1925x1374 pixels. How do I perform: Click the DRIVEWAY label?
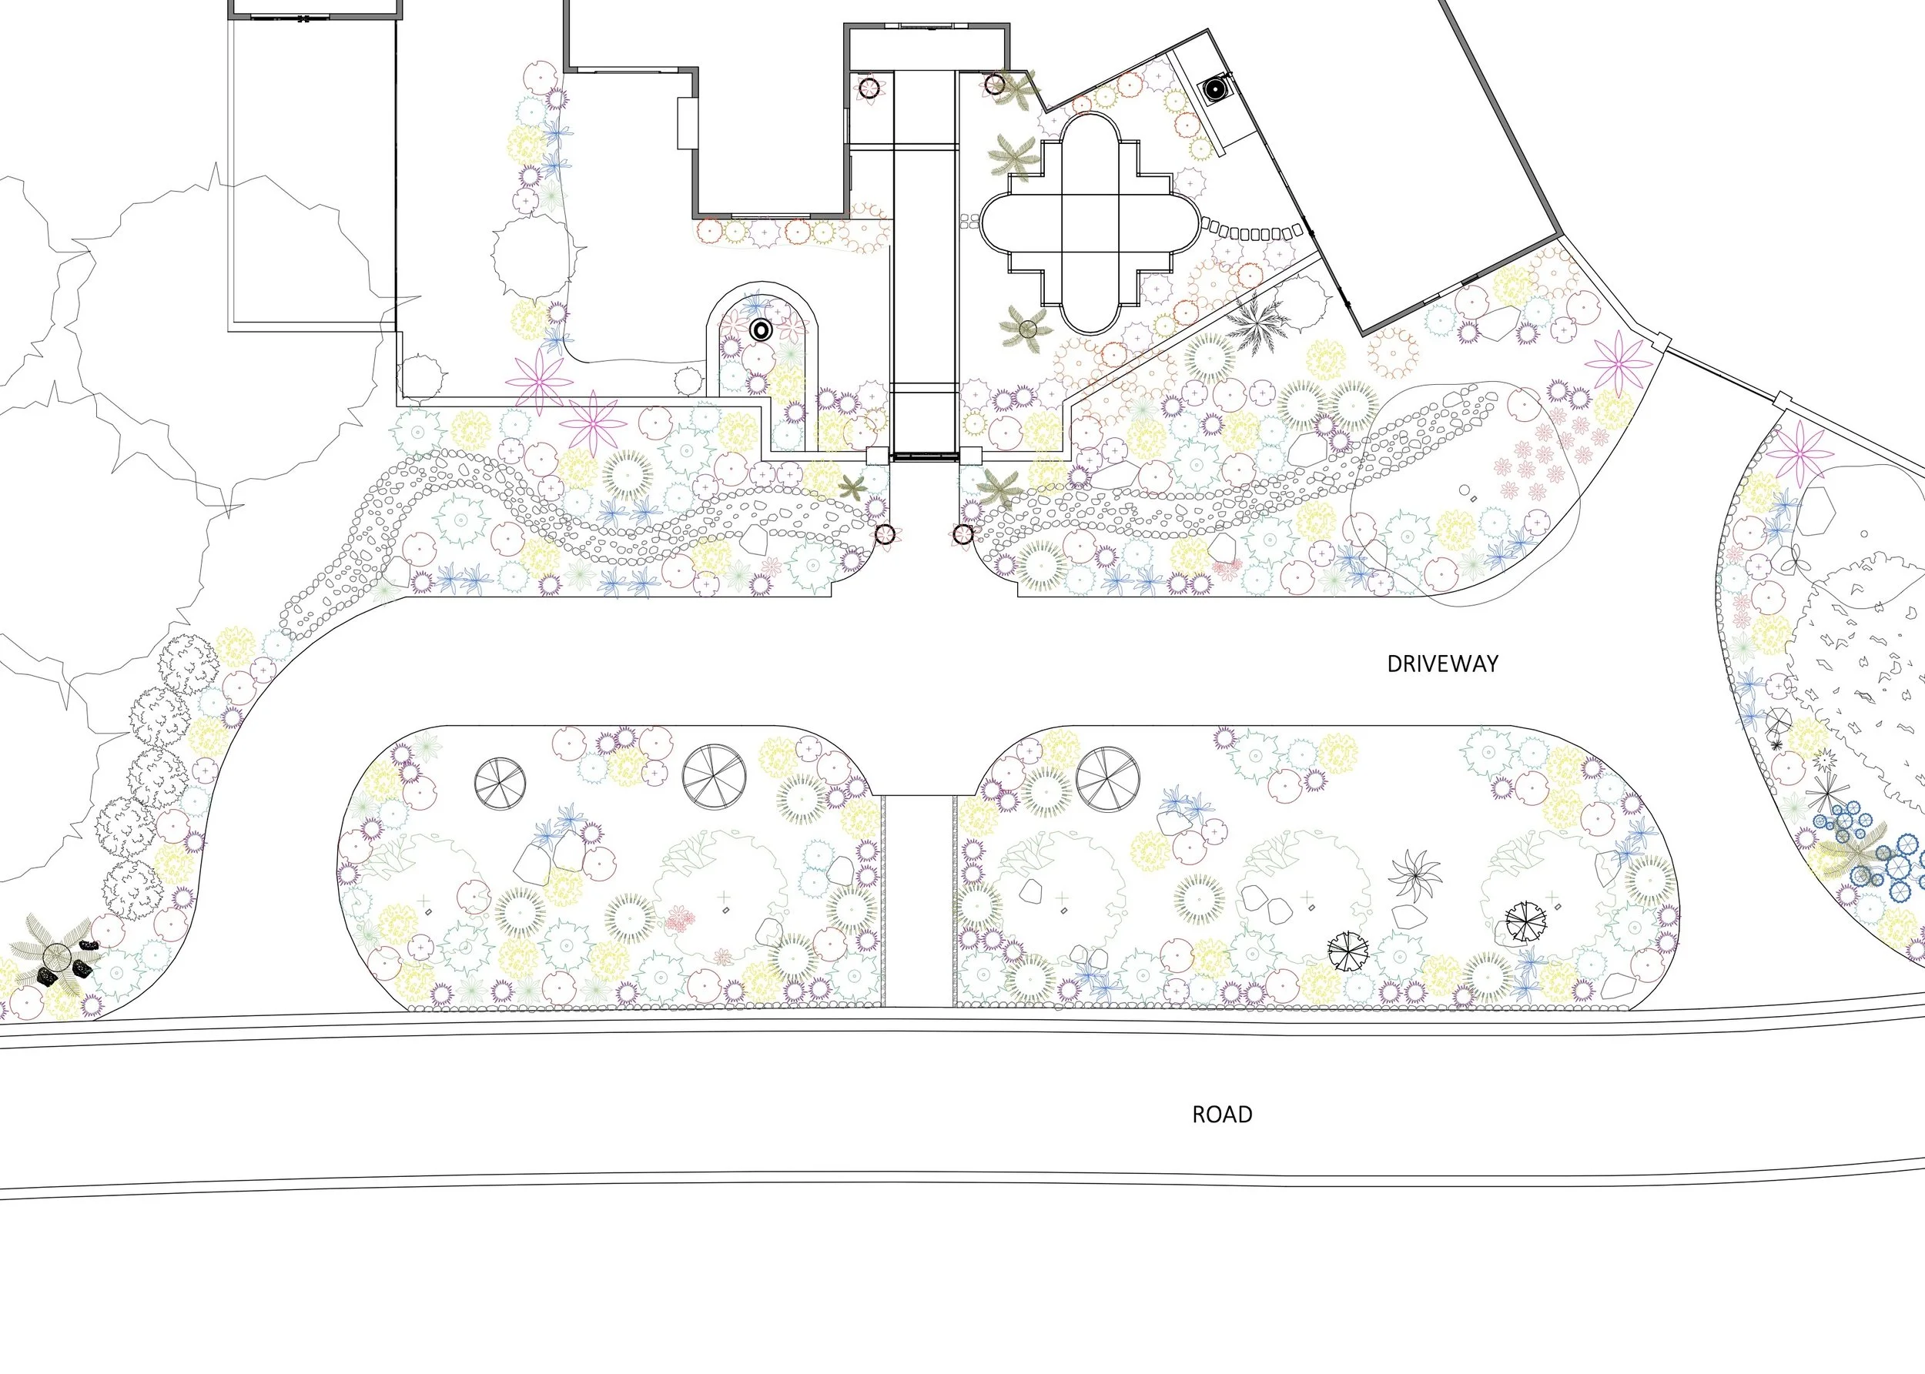tap(1442, 664)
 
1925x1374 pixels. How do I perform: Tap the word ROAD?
tap(1222, 1115)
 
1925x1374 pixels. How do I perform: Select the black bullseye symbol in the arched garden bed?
tap(760, 331)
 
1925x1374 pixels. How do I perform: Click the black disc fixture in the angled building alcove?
tap(1214, 89)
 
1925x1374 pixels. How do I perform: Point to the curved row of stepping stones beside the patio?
tap(1252, 231)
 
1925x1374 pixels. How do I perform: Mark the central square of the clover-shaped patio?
tap(1090, 222)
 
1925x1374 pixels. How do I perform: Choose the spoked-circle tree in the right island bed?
tap(1106, 777)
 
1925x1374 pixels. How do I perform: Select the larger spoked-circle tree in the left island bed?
tap(714, 777)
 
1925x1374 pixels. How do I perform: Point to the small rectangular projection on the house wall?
tap(686, 123)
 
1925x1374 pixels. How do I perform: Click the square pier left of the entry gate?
tap(878, 454)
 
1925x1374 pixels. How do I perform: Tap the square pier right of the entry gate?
tap(969, 454)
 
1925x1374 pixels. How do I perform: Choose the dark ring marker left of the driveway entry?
tap(883, 534)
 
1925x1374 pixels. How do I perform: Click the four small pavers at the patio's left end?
tap(969, 222)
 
